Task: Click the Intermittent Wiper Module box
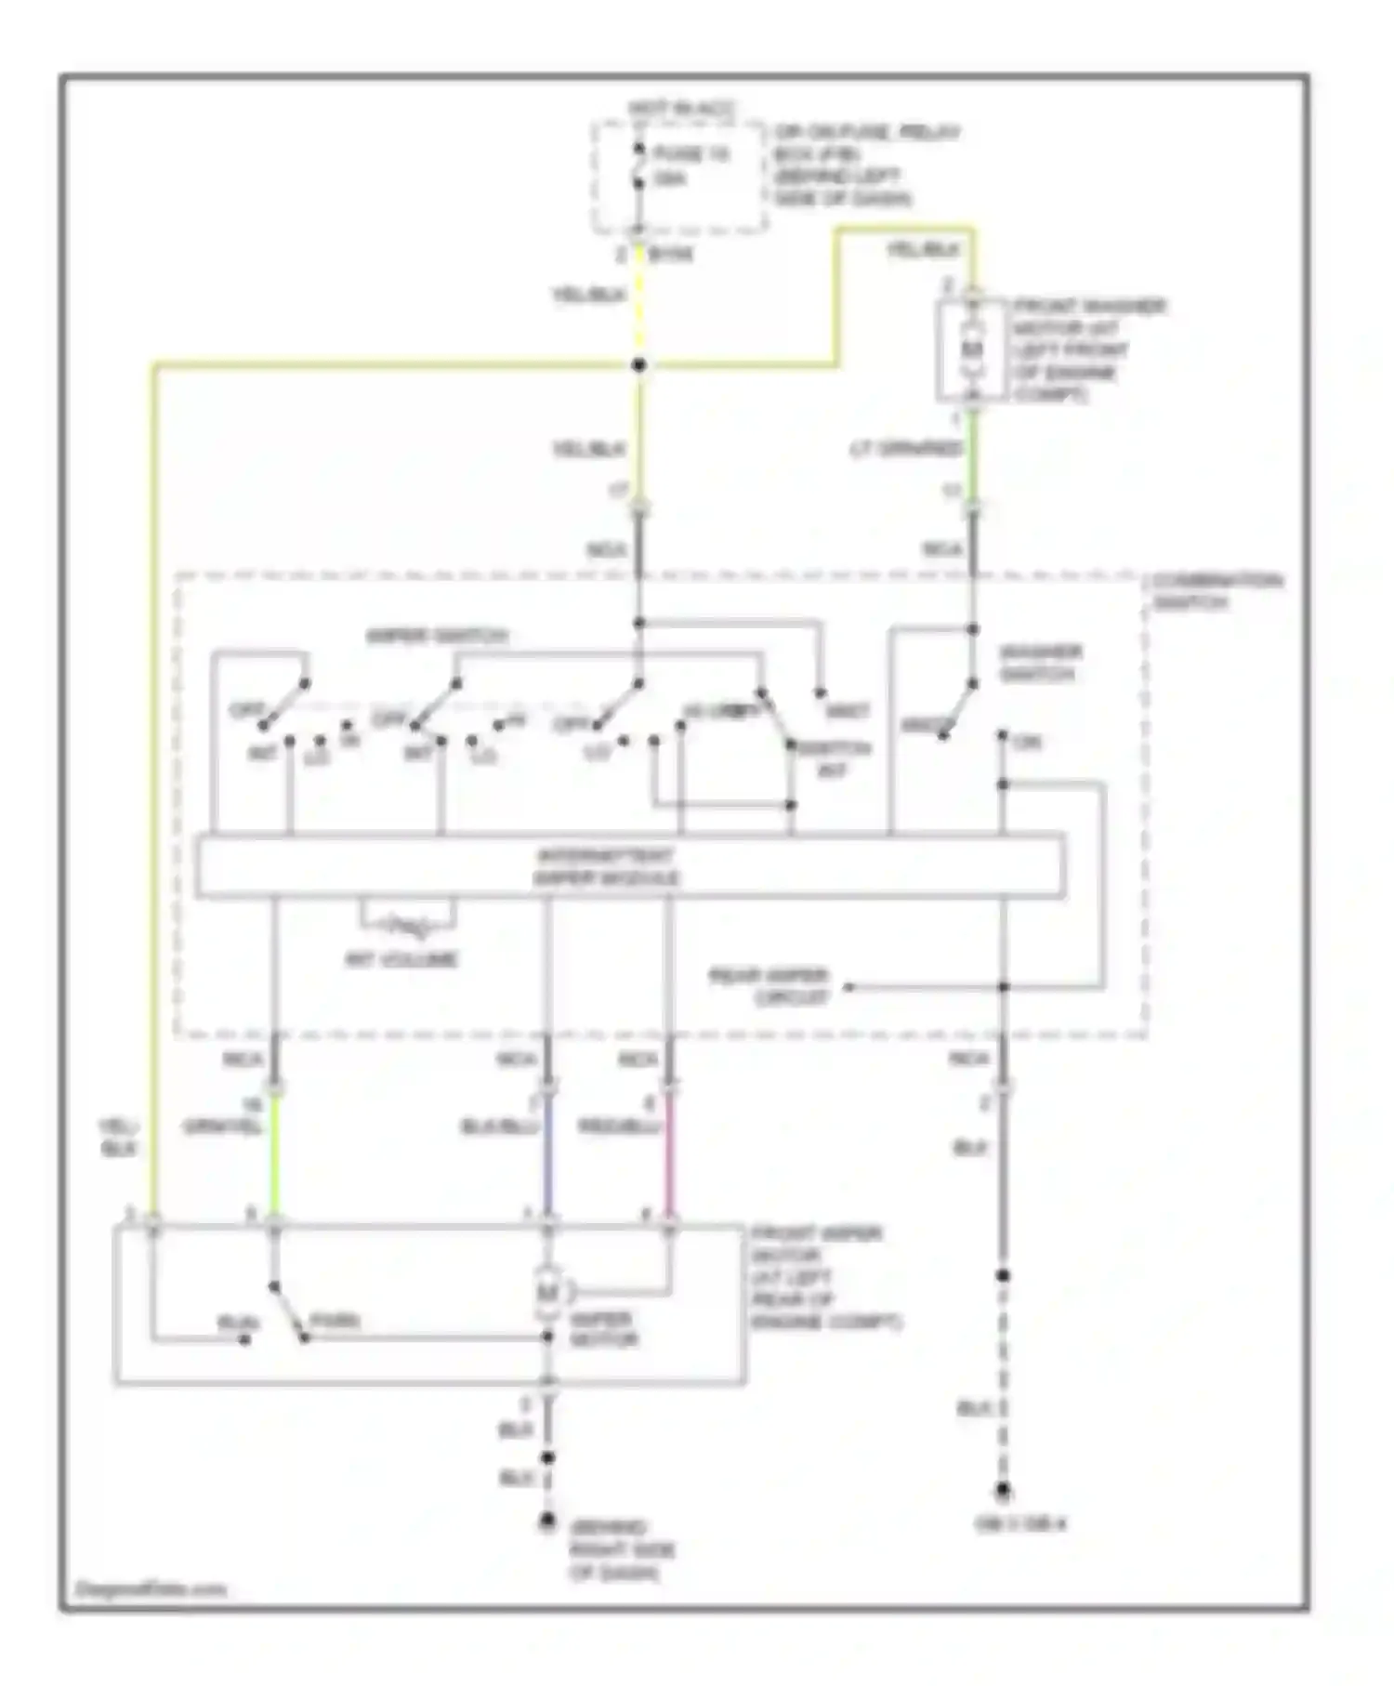point(630,866)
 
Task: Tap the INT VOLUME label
point(401,959)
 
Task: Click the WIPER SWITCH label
point(437,637)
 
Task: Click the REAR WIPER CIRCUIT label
point(769,987)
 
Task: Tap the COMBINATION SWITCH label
point(1216,592)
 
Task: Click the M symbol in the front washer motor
point(972,349)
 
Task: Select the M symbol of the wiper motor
point(548,1292)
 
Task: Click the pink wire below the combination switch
point(668,1157)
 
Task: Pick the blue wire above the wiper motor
point(547,1157)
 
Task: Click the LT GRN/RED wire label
point(906,449)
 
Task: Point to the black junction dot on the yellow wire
point(638,365)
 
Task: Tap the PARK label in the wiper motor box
point(335,1321)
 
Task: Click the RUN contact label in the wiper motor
point(232,1322)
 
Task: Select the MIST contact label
point(848,712)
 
